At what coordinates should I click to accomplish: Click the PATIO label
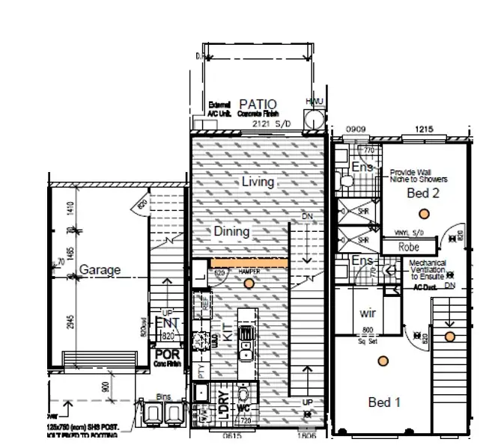click(x=257, y=104)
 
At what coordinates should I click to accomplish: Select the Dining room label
click(x=231, y=231)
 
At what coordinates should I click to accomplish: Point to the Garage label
click(x=100, y=270)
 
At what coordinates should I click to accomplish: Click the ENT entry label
click(x=165, y=322)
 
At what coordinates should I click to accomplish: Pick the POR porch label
click(x=165, y=355)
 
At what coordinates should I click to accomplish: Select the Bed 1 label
click(x=385, y=402)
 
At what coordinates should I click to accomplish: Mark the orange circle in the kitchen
click(x=249, y=283)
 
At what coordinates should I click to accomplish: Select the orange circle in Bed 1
click(x=383, y=361)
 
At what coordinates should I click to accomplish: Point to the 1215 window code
click(x=425, y=129)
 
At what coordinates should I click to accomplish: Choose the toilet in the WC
click(x=243, y=394)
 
